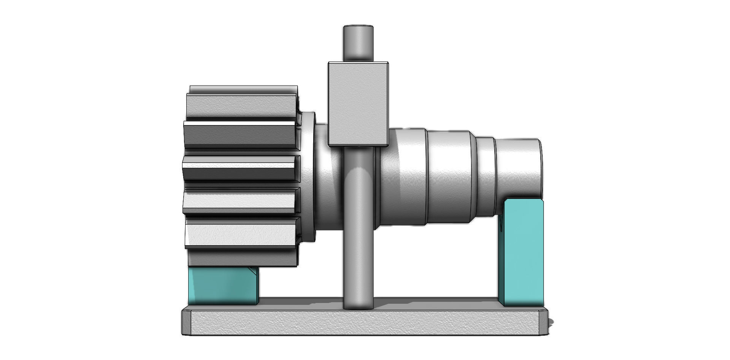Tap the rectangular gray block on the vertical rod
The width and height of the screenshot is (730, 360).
click(358, 103)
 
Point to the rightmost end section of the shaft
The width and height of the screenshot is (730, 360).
click(519, 167)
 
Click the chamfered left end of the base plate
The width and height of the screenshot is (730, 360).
click(186, 322)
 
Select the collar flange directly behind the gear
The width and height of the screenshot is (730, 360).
click(309, 177)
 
